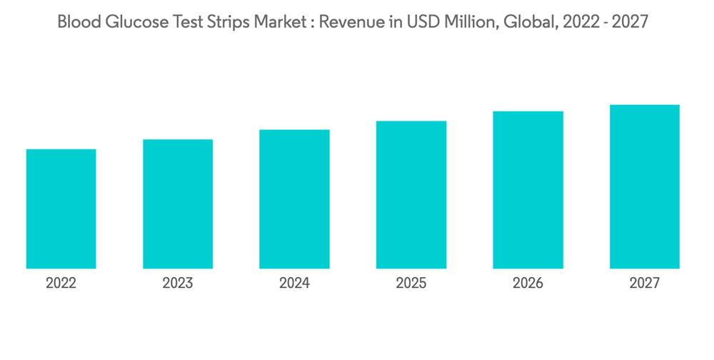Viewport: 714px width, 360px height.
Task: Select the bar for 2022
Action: pos(61,209)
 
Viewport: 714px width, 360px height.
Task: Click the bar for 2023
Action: pos(178,204)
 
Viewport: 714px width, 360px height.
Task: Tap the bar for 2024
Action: pos(294,199)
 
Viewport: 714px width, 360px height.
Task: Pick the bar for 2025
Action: pos(411,194)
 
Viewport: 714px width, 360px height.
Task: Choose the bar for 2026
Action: pos(528,189)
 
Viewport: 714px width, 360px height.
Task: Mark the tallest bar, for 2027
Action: pos(644,186)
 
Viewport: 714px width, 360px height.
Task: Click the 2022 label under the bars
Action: pos(61,284)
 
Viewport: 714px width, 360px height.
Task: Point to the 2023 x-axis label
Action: pos(178,284)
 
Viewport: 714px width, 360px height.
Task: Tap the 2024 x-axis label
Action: pos(294,284)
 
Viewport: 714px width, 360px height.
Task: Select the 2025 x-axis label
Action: pos(411,284)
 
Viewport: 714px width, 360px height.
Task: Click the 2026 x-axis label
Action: pos(528,284)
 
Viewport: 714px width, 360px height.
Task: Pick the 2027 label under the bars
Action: pos(644,284)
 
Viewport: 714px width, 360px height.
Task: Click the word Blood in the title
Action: pos(77,22)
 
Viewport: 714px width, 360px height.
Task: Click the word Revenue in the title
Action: pos(348,22)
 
